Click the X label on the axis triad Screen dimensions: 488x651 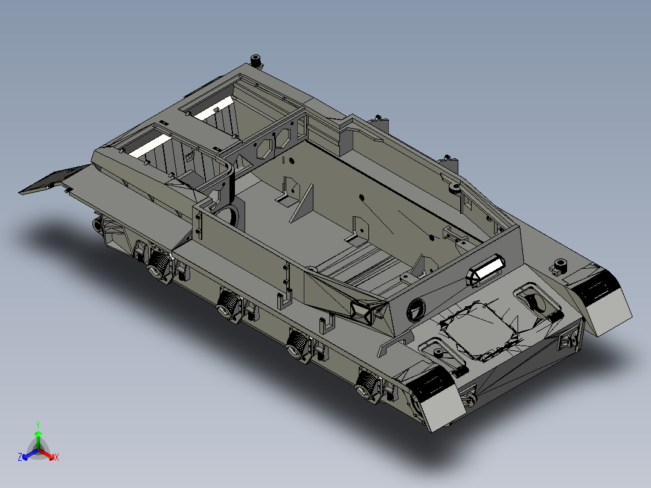(x=57, y=458)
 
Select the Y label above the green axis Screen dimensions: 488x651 (x=38, y=425)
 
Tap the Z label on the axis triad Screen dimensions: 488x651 (x=20, y=457)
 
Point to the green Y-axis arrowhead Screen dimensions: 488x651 (x=38, y=434)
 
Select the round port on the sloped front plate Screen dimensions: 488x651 (x=416, y=310)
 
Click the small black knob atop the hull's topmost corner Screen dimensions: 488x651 (x=256, y=60)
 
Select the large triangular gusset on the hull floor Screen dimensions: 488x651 (x=303, y=202)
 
